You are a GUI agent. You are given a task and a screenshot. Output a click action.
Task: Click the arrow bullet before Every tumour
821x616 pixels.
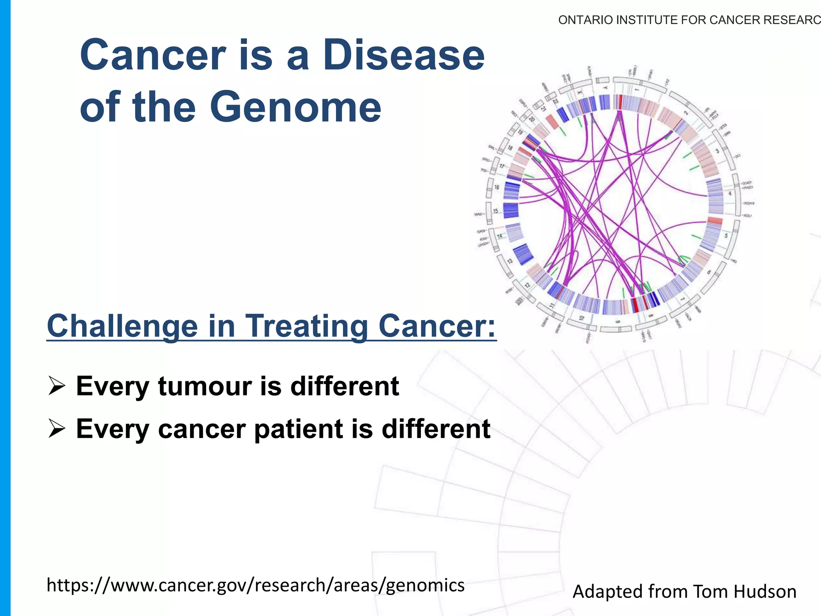57,386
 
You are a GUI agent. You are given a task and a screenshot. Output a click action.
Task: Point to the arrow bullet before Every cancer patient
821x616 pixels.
57,429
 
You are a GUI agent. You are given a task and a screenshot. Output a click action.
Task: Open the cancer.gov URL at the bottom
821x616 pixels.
255,585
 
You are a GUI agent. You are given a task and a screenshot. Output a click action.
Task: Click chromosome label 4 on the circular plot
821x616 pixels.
730,194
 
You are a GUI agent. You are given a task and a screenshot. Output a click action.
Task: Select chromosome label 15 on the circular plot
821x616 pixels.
495,211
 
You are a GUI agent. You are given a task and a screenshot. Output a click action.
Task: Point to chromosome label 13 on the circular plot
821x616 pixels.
510,261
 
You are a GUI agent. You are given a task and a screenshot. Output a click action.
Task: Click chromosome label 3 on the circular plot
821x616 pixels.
718,151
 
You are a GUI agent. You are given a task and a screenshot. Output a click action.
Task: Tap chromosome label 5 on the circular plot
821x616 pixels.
726,236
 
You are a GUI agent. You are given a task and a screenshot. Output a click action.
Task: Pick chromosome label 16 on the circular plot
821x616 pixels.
497,187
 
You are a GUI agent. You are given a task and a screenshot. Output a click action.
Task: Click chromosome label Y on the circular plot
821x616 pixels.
605,87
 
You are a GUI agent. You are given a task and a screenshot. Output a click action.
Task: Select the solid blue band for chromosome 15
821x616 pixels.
511,211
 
